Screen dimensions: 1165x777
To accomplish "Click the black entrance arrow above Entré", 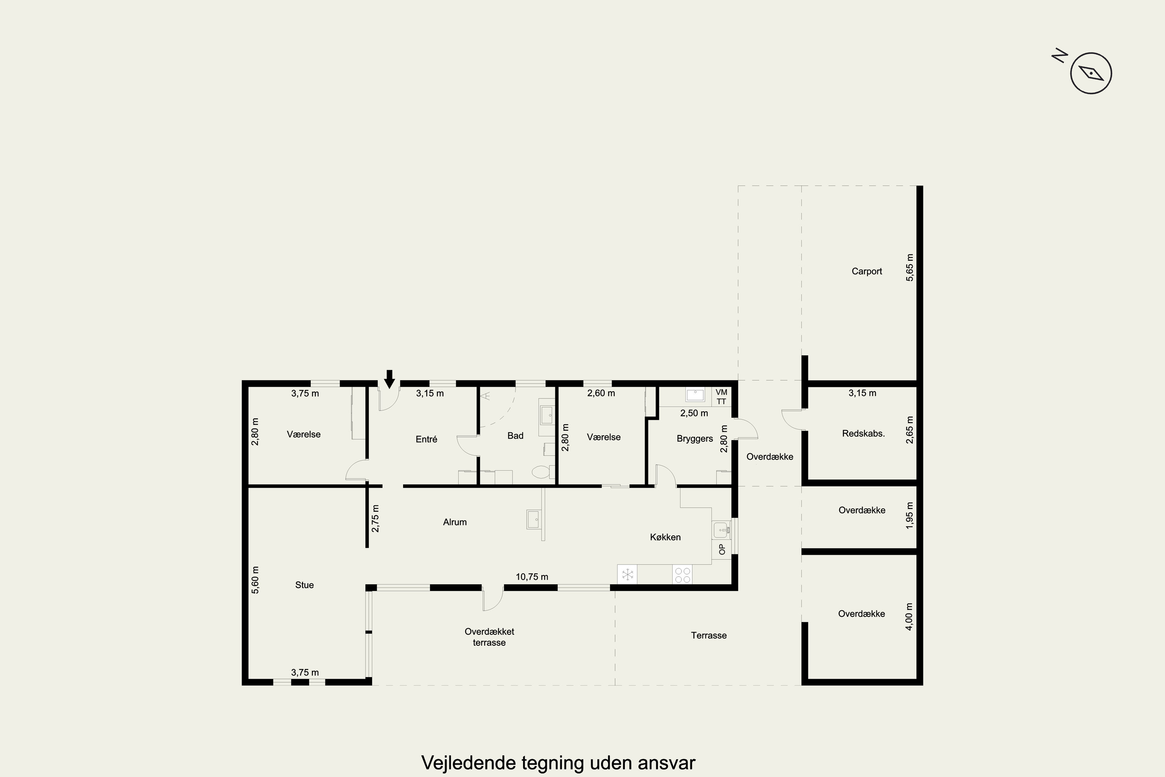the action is click(x=389, y=379).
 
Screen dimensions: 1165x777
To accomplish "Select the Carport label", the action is click(x=867, y=271).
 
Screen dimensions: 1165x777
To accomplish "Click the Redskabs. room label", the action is click(x=863, y=434).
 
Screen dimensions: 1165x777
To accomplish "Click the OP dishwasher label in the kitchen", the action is click(x=722, y=549).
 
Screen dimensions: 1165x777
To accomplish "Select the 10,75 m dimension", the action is click(x=532, y=577).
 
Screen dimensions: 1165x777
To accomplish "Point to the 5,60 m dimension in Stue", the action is click(x=255, y=580).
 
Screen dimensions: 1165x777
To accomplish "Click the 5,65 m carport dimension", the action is click(x=909, y=268).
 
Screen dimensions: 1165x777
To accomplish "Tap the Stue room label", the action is click(x=304, y=585).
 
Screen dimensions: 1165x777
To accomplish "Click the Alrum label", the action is click(x=455, y=522).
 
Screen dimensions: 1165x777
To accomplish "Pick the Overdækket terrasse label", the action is click(x=489, y=637).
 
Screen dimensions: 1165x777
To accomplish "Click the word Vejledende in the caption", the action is click(x=468, y=763).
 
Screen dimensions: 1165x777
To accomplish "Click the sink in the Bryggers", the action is click(x=695, y=395).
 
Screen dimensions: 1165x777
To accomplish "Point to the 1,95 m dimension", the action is click(x=909, y=516).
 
